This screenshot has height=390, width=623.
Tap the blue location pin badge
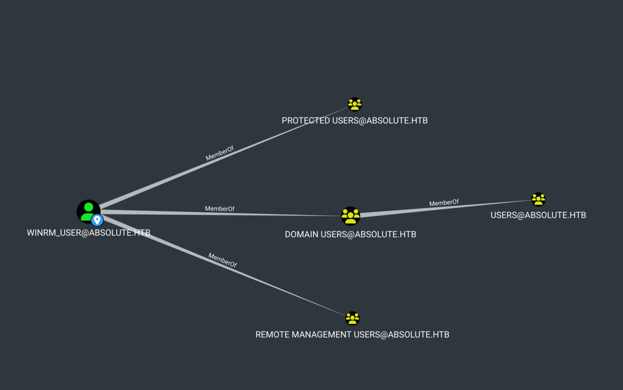[97, 220]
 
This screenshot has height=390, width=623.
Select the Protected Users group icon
[354, 104]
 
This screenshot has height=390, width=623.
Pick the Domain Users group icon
[350, 216]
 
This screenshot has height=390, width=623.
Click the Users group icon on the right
[538, 199]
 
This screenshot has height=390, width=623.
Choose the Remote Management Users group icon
[352, 318]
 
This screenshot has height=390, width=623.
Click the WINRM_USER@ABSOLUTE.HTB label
[88, 233]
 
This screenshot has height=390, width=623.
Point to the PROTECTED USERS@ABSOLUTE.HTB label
[354, 121]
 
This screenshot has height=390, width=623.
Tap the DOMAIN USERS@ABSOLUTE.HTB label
[350, 234]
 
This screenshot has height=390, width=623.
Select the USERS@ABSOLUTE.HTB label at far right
[538, 215]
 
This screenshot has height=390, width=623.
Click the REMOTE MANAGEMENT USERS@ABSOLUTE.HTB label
[352, 335]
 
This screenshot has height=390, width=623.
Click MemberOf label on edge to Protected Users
[219, 153]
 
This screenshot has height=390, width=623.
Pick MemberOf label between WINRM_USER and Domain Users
[219, 209]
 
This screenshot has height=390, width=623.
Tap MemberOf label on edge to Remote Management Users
[222, 260]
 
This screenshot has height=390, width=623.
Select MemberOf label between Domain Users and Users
[444, 203]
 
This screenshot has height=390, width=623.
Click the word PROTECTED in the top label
[306, 121]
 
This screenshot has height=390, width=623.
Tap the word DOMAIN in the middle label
[301, 234]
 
